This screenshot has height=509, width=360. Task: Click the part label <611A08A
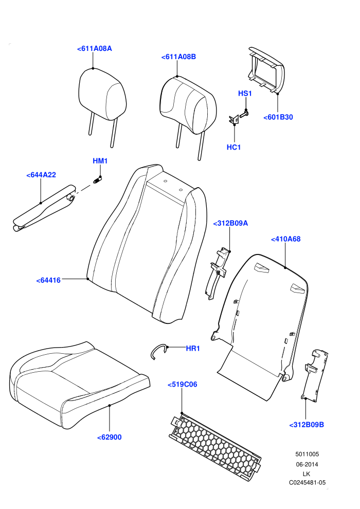[x=95, y=49]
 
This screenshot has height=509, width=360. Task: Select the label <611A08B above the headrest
[x=178, y=57]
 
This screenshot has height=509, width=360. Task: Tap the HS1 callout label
[x=245, y=94]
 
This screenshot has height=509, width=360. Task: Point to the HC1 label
[x=233, y=148]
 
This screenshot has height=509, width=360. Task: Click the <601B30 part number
[x=278, y=117]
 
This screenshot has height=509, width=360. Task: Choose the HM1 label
[x=100, y=161]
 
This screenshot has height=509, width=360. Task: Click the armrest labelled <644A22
[x=44, y=208]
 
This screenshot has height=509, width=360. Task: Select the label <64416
[x=48, y=280]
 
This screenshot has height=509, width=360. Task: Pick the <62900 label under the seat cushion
[x=110, y=437]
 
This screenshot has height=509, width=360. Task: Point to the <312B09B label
[x=307, y=425]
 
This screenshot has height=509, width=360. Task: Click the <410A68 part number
[x=285, y=239]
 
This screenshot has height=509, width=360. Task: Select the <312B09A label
[x=230, y=223]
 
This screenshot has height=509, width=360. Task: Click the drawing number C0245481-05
[x=307, y=483]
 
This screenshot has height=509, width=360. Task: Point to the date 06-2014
[x=307, y=465]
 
